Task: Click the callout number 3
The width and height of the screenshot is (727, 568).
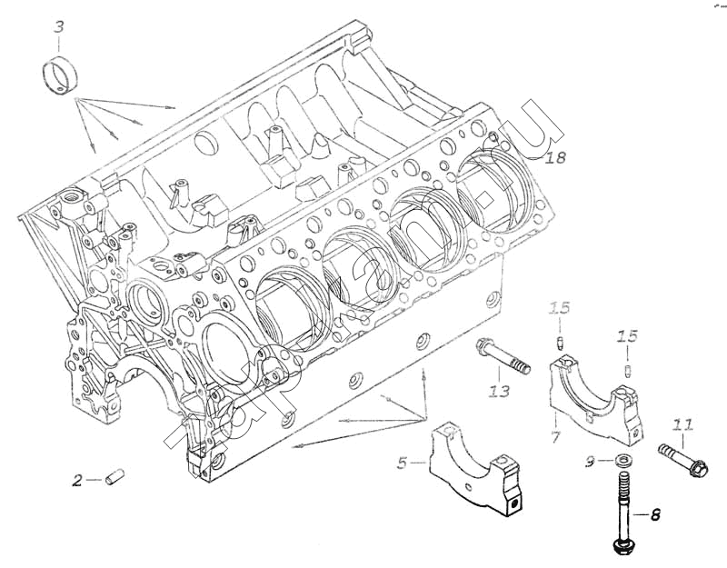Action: pyautogui.click(x=58, y=27)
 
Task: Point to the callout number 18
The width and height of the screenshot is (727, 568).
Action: pyautogui.click(x=556, y=158)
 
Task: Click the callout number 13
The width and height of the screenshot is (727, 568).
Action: pyautogui.click(x=498, y=391)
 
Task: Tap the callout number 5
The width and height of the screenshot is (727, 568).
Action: pyautogui.click(x=403, y=463)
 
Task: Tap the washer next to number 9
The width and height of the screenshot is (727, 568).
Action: pyautogui.click(x=624, y=459)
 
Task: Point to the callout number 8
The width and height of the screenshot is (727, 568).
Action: pyautogui.click(x=654, y=515)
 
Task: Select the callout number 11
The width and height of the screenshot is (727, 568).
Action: pyautogui.click(x=683, y=425)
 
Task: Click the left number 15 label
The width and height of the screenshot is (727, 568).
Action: pyautogui.click(x=560, y=309)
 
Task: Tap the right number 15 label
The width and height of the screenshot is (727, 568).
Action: pyautogui.click(x=628, y=337)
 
